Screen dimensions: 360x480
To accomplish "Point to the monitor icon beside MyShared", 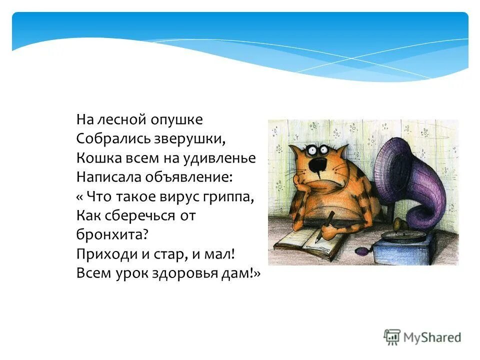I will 392,336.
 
